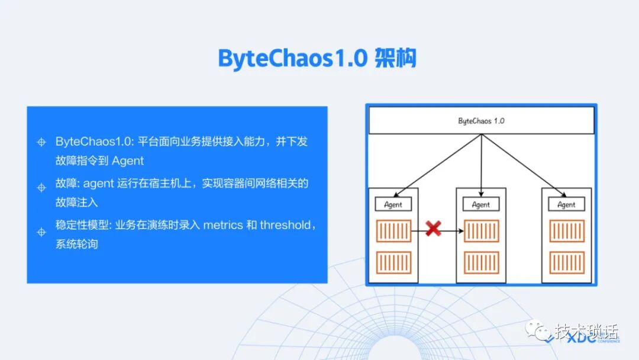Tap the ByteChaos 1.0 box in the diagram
click(x=481, y=120)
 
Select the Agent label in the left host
click(x=393, y=205)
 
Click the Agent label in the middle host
click(x=481, y=205)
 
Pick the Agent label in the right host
click(x=566, y=205)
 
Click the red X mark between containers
click(x=434, y=229)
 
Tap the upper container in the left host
click(x=393, y=231)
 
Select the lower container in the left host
click(x=393, y=262)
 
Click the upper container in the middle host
click(x=481, y=231)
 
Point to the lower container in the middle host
click(x=481, y=262)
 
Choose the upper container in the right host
click(x=567, y=231)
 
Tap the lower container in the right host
click(x=567, y=262)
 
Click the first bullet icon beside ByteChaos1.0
click(x=41, y=142)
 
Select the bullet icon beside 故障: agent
click(x=41, y=188)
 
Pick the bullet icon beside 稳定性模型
click(x=41, y=232)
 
